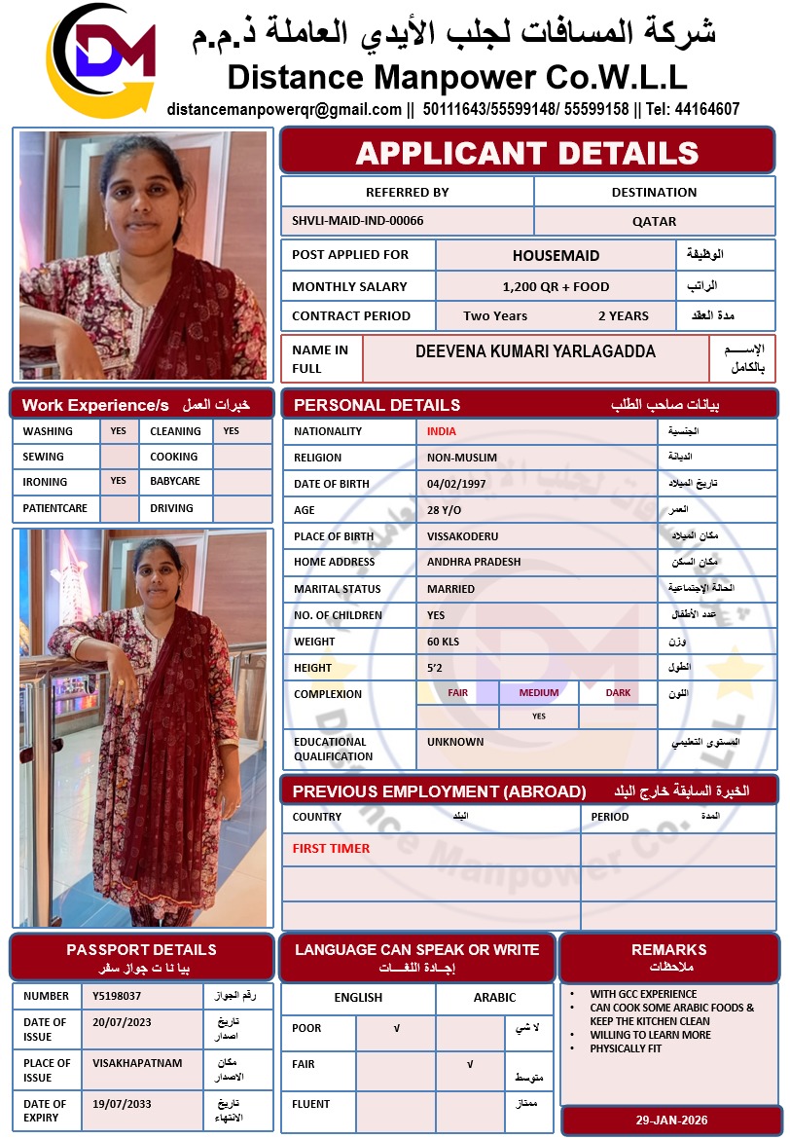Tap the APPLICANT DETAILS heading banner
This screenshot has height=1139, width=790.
tap(527, 153)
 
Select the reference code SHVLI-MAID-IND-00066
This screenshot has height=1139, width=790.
tap(358, 221)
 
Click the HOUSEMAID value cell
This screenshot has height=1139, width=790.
tap(556, 256)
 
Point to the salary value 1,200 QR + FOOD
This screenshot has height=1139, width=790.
tap(556, 286)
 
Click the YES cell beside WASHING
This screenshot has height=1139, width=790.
tap(118, 431)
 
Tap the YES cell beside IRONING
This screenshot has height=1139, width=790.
tap(118, 481)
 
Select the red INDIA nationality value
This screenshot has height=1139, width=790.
tap(442, 431)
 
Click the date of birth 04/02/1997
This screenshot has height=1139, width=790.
tap(456, 484)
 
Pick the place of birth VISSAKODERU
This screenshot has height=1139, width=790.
tap(463, 536)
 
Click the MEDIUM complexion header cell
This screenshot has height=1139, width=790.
tap(539, 693)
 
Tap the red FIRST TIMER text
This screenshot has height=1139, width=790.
tap(332, 848)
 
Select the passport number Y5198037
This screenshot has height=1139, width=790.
tap(117, 996)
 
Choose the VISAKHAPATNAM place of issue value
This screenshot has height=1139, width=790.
tap(137, 1063)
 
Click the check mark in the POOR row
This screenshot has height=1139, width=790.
tap(396, 1028)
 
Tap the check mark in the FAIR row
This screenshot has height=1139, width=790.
tap(470, 1065)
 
